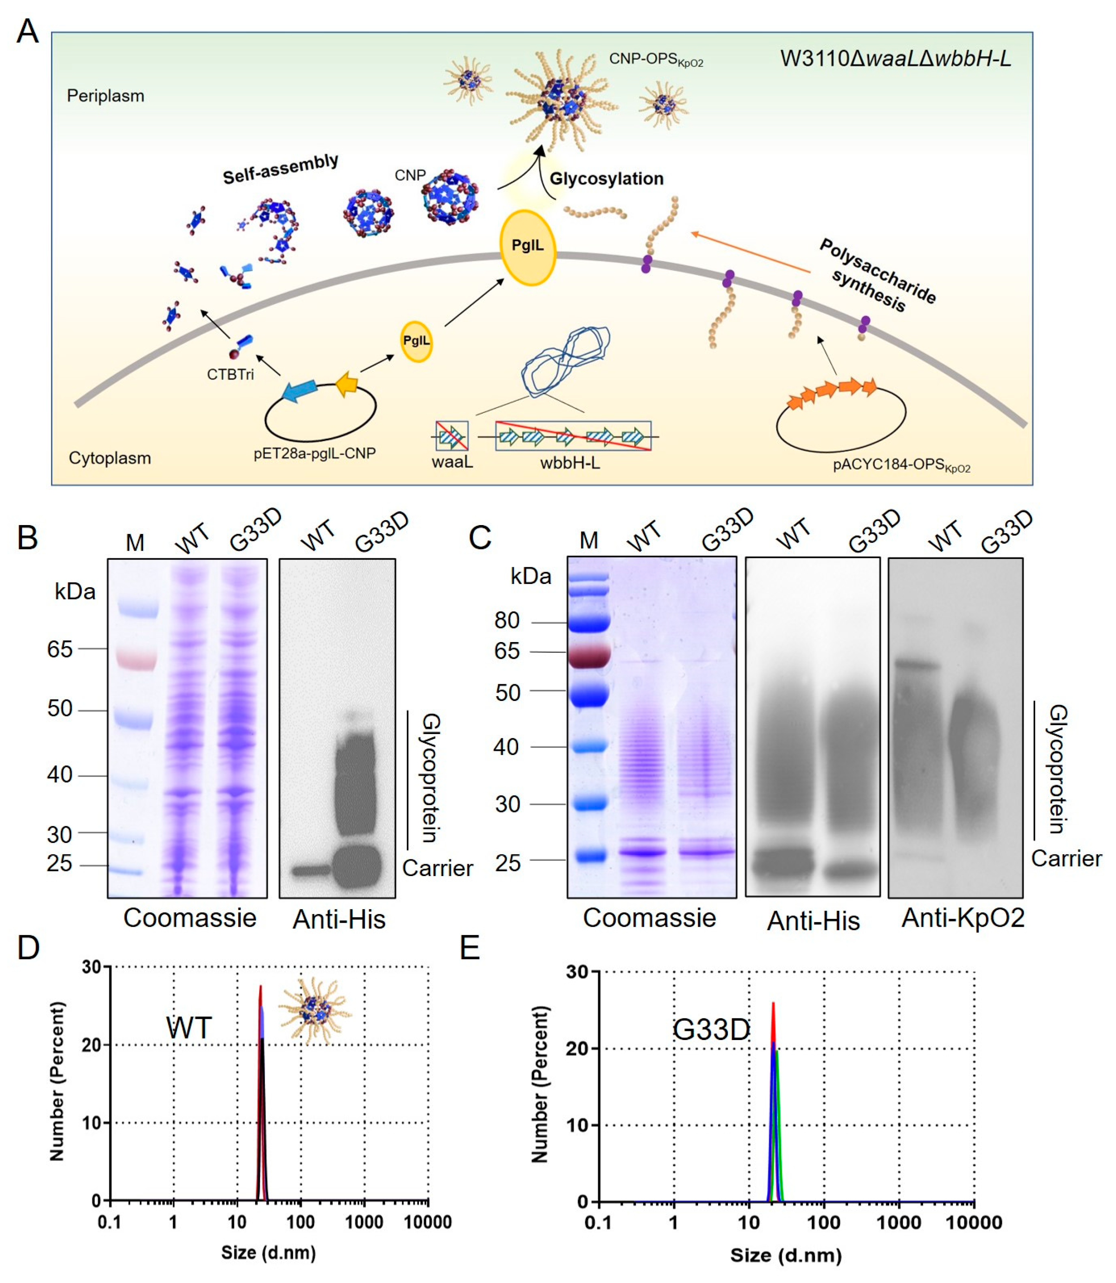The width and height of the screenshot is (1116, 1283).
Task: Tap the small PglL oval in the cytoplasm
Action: coord(416,341)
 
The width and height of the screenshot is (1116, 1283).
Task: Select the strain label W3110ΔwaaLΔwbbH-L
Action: coord(895,59)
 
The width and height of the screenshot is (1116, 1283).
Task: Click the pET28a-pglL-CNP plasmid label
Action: coord(314,454)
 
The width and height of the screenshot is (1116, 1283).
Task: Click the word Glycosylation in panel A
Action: coord(606,179)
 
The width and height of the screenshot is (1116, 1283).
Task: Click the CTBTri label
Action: coord(231,375)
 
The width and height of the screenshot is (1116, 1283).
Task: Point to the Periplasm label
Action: coord(105,96)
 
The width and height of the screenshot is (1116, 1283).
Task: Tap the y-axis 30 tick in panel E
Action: coord(577,972)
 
